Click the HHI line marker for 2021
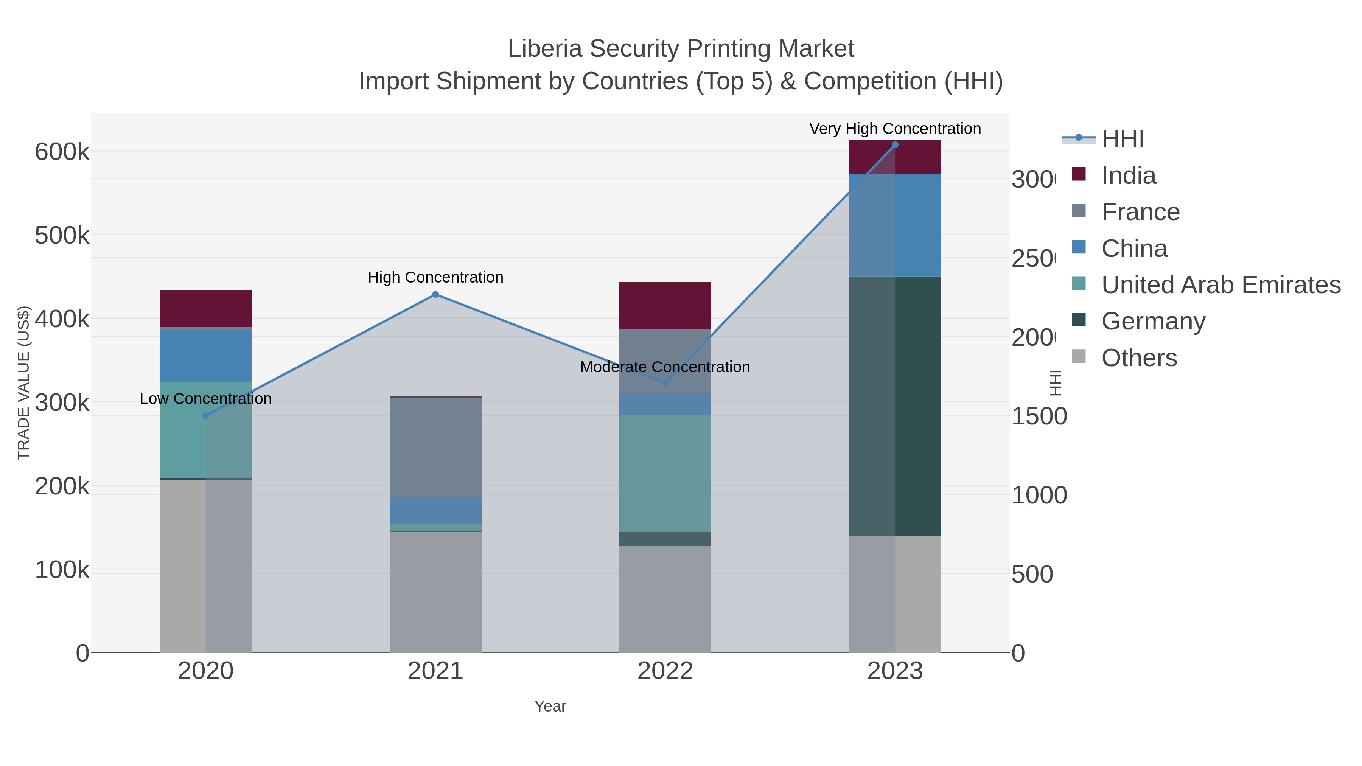point(435,294)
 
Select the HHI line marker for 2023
point(895,145)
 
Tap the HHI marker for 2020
point(206,416)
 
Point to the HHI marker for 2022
point(665,383)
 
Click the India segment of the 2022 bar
point(665,306)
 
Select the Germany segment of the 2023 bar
point(895,406)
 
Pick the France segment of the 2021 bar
point(435,447)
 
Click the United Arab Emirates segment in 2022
point(665,473)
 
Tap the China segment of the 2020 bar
point(206,355)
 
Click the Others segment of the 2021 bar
point(435,592)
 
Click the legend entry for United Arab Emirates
point(1220,284)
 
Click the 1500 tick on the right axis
point(1039,416)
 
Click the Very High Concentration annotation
point(895,129)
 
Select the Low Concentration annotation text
point(206,399)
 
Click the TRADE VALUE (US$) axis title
point(24,383)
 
